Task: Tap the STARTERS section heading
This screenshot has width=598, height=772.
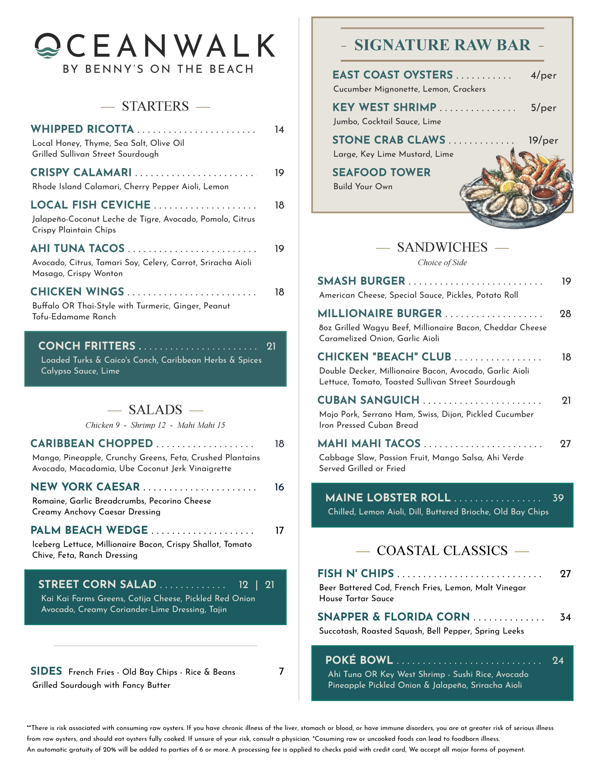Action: click(155, 106)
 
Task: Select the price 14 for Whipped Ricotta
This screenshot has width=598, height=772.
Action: click(279, 130)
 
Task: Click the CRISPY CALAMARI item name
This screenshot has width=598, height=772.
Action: click(81, 172)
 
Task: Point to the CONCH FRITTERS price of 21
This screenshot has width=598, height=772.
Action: click(271, 346)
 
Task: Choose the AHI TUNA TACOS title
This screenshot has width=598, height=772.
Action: click(78, 248)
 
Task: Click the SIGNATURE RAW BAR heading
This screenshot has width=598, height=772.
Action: click(442, 45)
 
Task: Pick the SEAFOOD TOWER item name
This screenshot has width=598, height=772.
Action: click(381, 172)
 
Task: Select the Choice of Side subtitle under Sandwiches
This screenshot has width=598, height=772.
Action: click(442, 263)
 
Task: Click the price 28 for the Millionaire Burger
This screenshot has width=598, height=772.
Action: click(565, 314)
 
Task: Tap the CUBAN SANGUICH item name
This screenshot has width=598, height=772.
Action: click(368, 400)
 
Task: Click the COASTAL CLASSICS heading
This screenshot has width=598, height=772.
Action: click(442, 551)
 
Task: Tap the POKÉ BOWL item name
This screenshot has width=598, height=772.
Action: click(359, 660)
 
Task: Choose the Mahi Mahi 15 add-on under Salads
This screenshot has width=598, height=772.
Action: click(201, 425)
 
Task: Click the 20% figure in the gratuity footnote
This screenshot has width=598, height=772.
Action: click(109, 750)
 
